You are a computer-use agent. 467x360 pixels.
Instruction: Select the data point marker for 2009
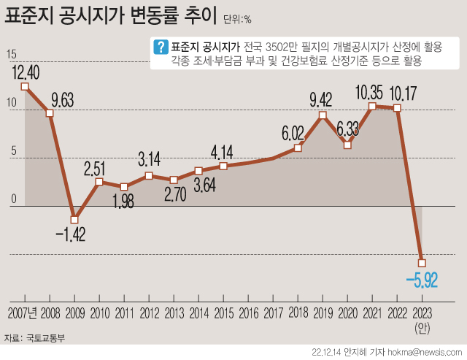pyautogui.click(x=74, y=219)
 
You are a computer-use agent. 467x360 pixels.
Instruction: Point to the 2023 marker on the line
pyautogui.click(x=422, y=263)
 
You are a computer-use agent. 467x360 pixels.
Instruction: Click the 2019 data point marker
pyautogui.click(x=323, y=115)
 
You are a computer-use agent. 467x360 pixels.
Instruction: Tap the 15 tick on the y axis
pyautogui.click(x=11, y=55)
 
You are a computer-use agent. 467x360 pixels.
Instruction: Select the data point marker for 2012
pyautogui.click(x=149, y=176)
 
